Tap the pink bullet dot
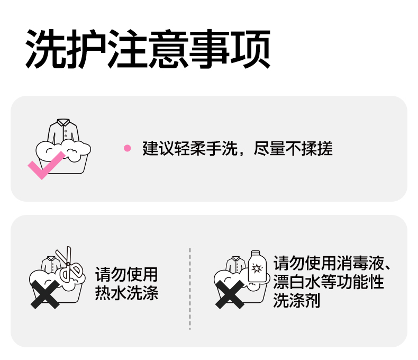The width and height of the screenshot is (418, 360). [x=127, y=148]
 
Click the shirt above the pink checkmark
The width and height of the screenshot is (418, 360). [x=62, y=131]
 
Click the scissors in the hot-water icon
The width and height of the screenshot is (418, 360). [x=68, y=265]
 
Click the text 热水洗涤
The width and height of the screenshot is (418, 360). [x=126, y=293]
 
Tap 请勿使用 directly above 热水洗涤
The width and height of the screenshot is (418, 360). [x=126, y=275]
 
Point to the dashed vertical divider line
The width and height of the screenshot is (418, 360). [x=190, y=289]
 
